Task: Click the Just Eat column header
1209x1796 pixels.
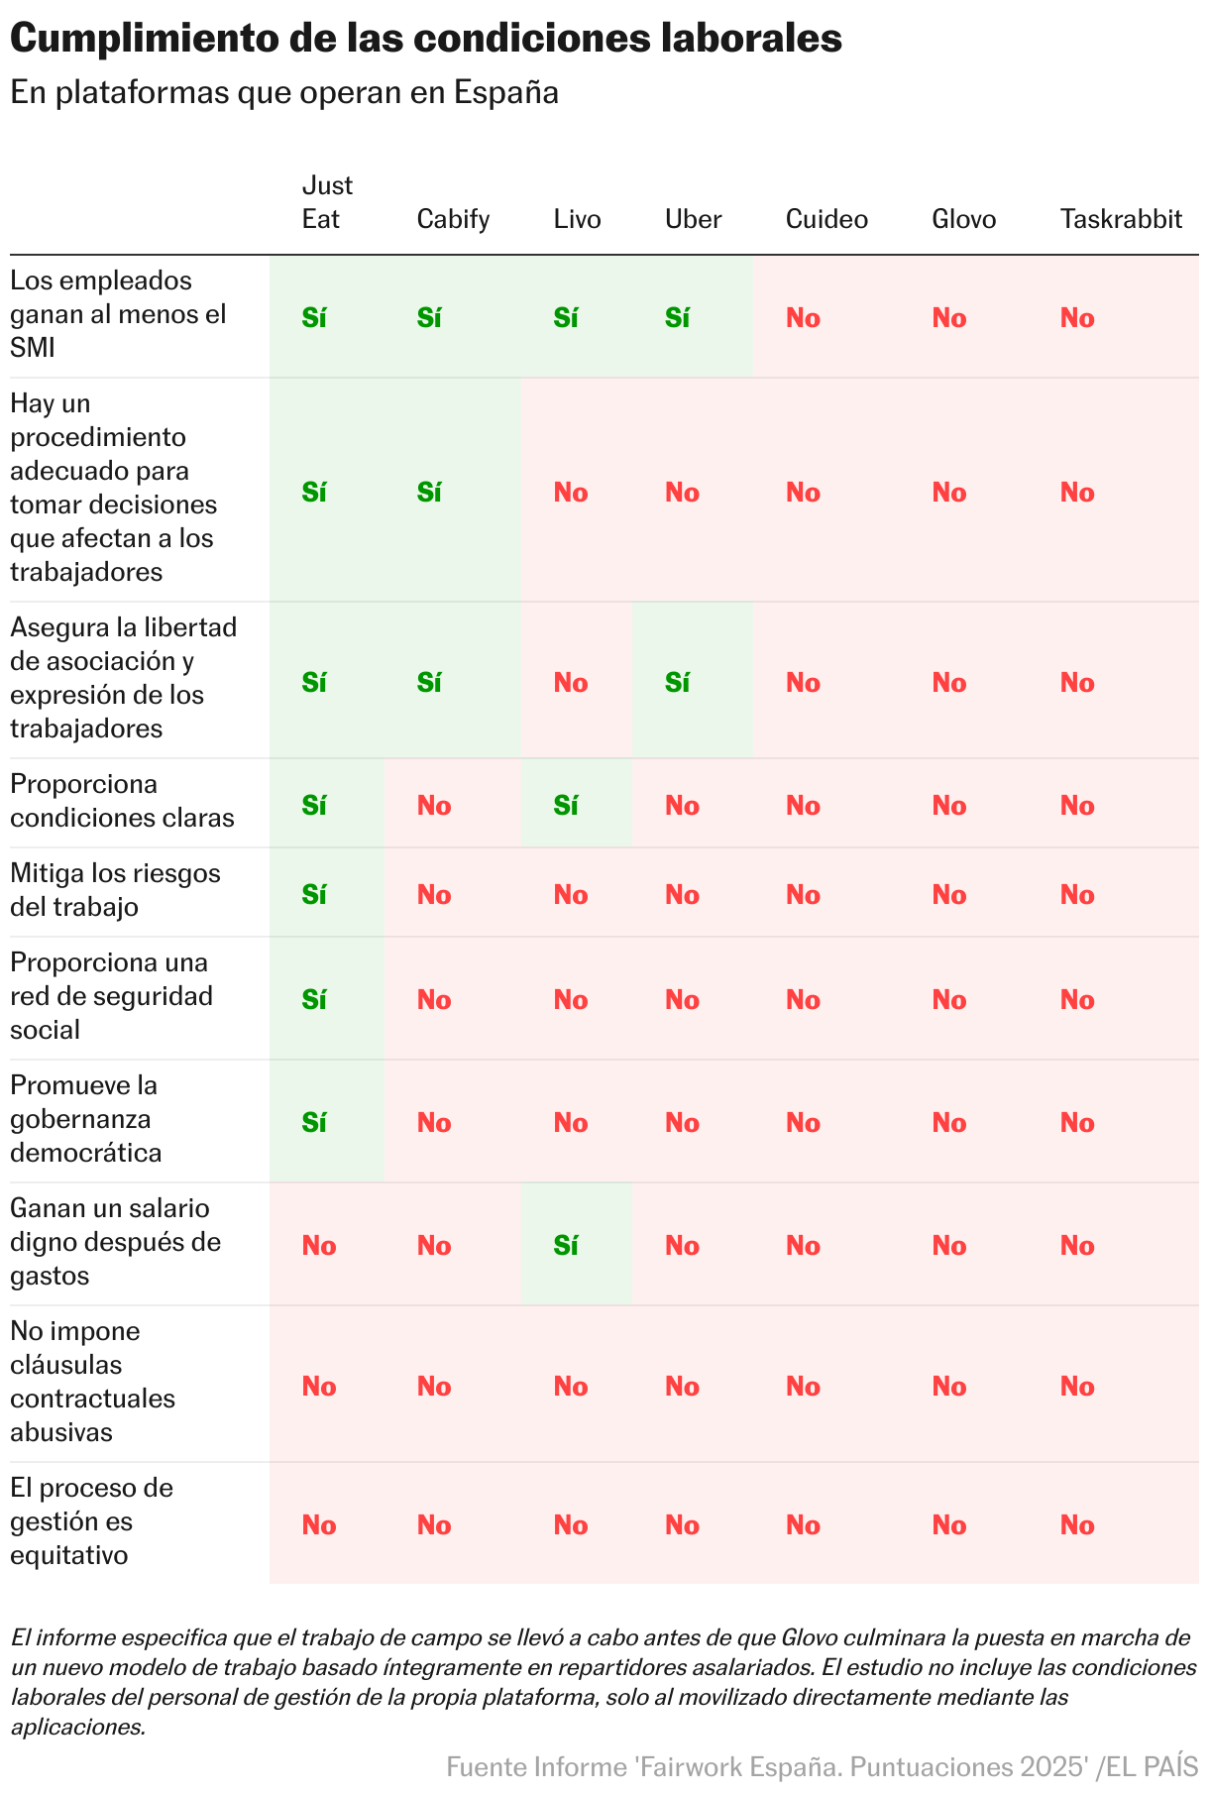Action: (327, 202)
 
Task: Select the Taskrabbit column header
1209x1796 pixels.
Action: (1121, 219)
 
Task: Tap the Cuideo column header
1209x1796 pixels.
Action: (826, 219)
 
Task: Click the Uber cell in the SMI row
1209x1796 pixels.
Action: (678, 318)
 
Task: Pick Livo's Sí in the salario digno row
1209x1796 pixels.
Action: (566, 1246)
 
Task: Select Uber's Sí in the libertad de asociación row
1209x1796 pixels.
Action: (678, 683)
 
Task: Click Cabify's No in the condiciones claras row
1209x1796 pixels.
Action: (434, 806)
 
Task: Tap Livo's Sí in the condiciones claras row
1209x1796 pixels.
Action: (566, 806)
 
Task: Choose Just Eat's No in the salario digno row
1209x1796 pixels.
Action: (319, 1246)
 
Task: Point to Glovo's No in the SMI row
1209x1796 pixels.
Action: (949, 318)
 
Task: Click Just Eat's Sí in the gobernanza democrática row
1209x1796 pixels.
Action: (314, 1123)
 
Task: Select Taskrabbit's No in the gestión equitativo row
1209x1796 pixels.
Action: (1077, 1525)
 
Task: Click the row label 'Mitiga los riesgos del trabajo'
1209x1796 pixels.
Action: (115, 890)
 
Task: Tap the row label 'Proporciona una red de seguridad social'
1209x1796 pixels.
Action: (111, 996)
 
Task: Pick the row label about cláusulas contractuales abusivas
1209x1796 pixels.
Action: (92, 1382)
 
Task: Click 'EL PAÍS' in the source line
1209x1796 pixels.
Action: (1153, 1767)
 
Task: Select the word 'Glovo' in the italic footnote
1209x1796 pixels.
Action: (809, 1636)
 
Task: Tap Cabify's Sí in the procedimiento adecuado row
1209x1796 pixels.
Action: (429, 493)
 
